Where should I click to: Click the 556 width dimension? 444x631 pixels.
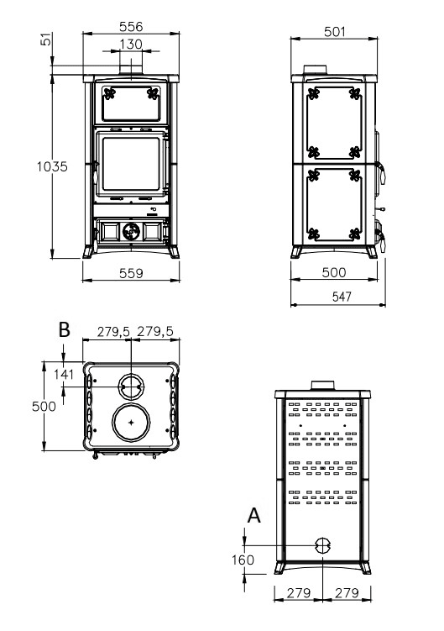point(131,27)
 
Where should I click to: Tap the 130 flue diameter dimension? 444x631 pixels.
point(131,44)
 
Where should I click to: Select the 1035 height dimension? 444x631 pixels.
point(52,166)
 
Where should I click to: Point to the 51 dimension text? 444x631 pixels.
point(47,39)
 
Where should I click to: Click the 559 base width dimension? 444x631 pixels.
point(131,273)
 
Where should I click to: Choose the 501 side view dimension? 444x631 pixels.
point(335,32)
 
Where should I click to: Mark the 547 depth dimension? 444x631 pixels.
point(342,297)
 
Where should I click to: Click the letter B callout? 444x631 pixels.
point(65,329)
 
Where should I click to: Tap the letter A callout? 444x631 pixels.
point(253,516)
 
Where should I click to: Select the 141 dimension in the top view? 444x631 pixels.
point(64,375)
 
